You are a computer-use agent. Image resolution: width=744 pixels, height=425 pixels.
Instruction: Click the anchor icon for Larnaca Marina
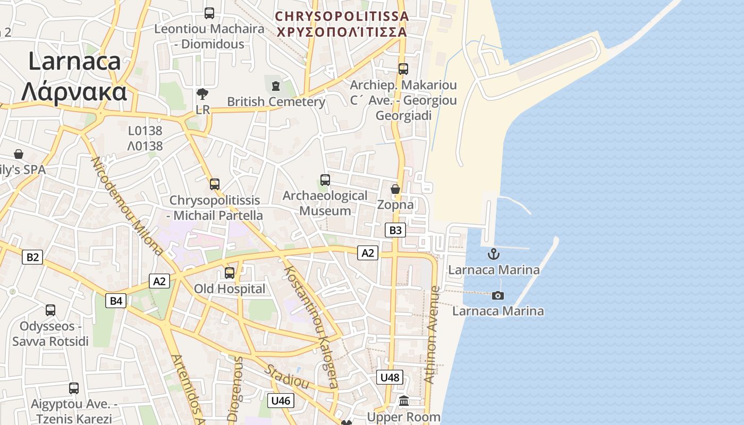point(494,254)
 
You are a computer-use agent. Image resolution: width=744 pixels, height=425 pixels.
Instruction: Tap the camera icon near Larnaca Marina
point(498,295)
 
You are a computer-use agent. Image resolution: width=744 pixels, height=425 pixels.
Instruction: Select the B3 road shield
point(395,230)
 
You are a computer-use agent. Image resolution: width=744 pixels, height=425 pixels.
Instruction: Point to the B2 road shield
point(32,258)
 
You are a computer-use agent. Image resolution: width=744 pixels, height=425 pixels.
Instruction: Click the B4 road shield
point(116,301)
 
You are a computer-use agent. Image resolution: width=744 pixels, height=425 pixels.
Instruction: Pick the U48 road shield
point(390,378)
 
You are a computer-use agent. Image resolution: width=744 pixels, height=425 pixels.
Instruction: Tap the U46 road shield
point(280,401)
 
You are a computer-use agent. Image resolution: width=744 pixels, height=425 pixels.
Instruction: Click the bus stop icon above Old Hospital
point(230,273)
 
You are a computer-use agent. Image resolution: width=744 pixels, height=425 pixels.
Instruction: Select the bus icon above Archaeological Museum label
point(325,180)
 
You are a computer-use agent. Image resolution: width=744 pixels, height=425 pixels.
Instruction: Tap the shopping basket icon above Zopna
point(395,189)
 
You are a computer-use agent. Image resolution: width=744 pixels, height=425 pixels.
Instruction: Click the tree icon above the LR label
point(202,95)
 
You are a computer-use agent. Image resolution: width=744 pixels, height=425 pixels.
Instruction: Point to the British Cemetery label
point(276,101)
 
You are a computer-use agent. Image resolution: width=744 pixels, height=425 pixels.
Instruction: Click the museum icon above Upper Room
point(404,401)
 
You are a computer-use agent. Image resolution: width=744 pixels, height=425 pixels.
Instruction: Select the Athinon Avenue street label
point(433,335)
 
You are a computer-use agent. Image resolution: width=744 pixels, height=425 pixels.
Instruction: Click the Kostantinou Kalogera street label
point(311,326)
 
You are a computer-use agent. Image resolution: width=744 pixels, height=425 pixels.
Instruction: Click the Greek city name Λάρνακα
point(74,91)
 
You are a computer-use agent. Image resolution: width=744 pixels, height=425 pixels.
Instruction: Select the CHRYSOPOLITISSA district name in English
point(342,16)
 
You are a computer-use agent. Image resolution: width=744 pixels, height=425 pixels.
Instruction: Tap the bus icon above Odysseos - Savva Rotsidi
point(50,310)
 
